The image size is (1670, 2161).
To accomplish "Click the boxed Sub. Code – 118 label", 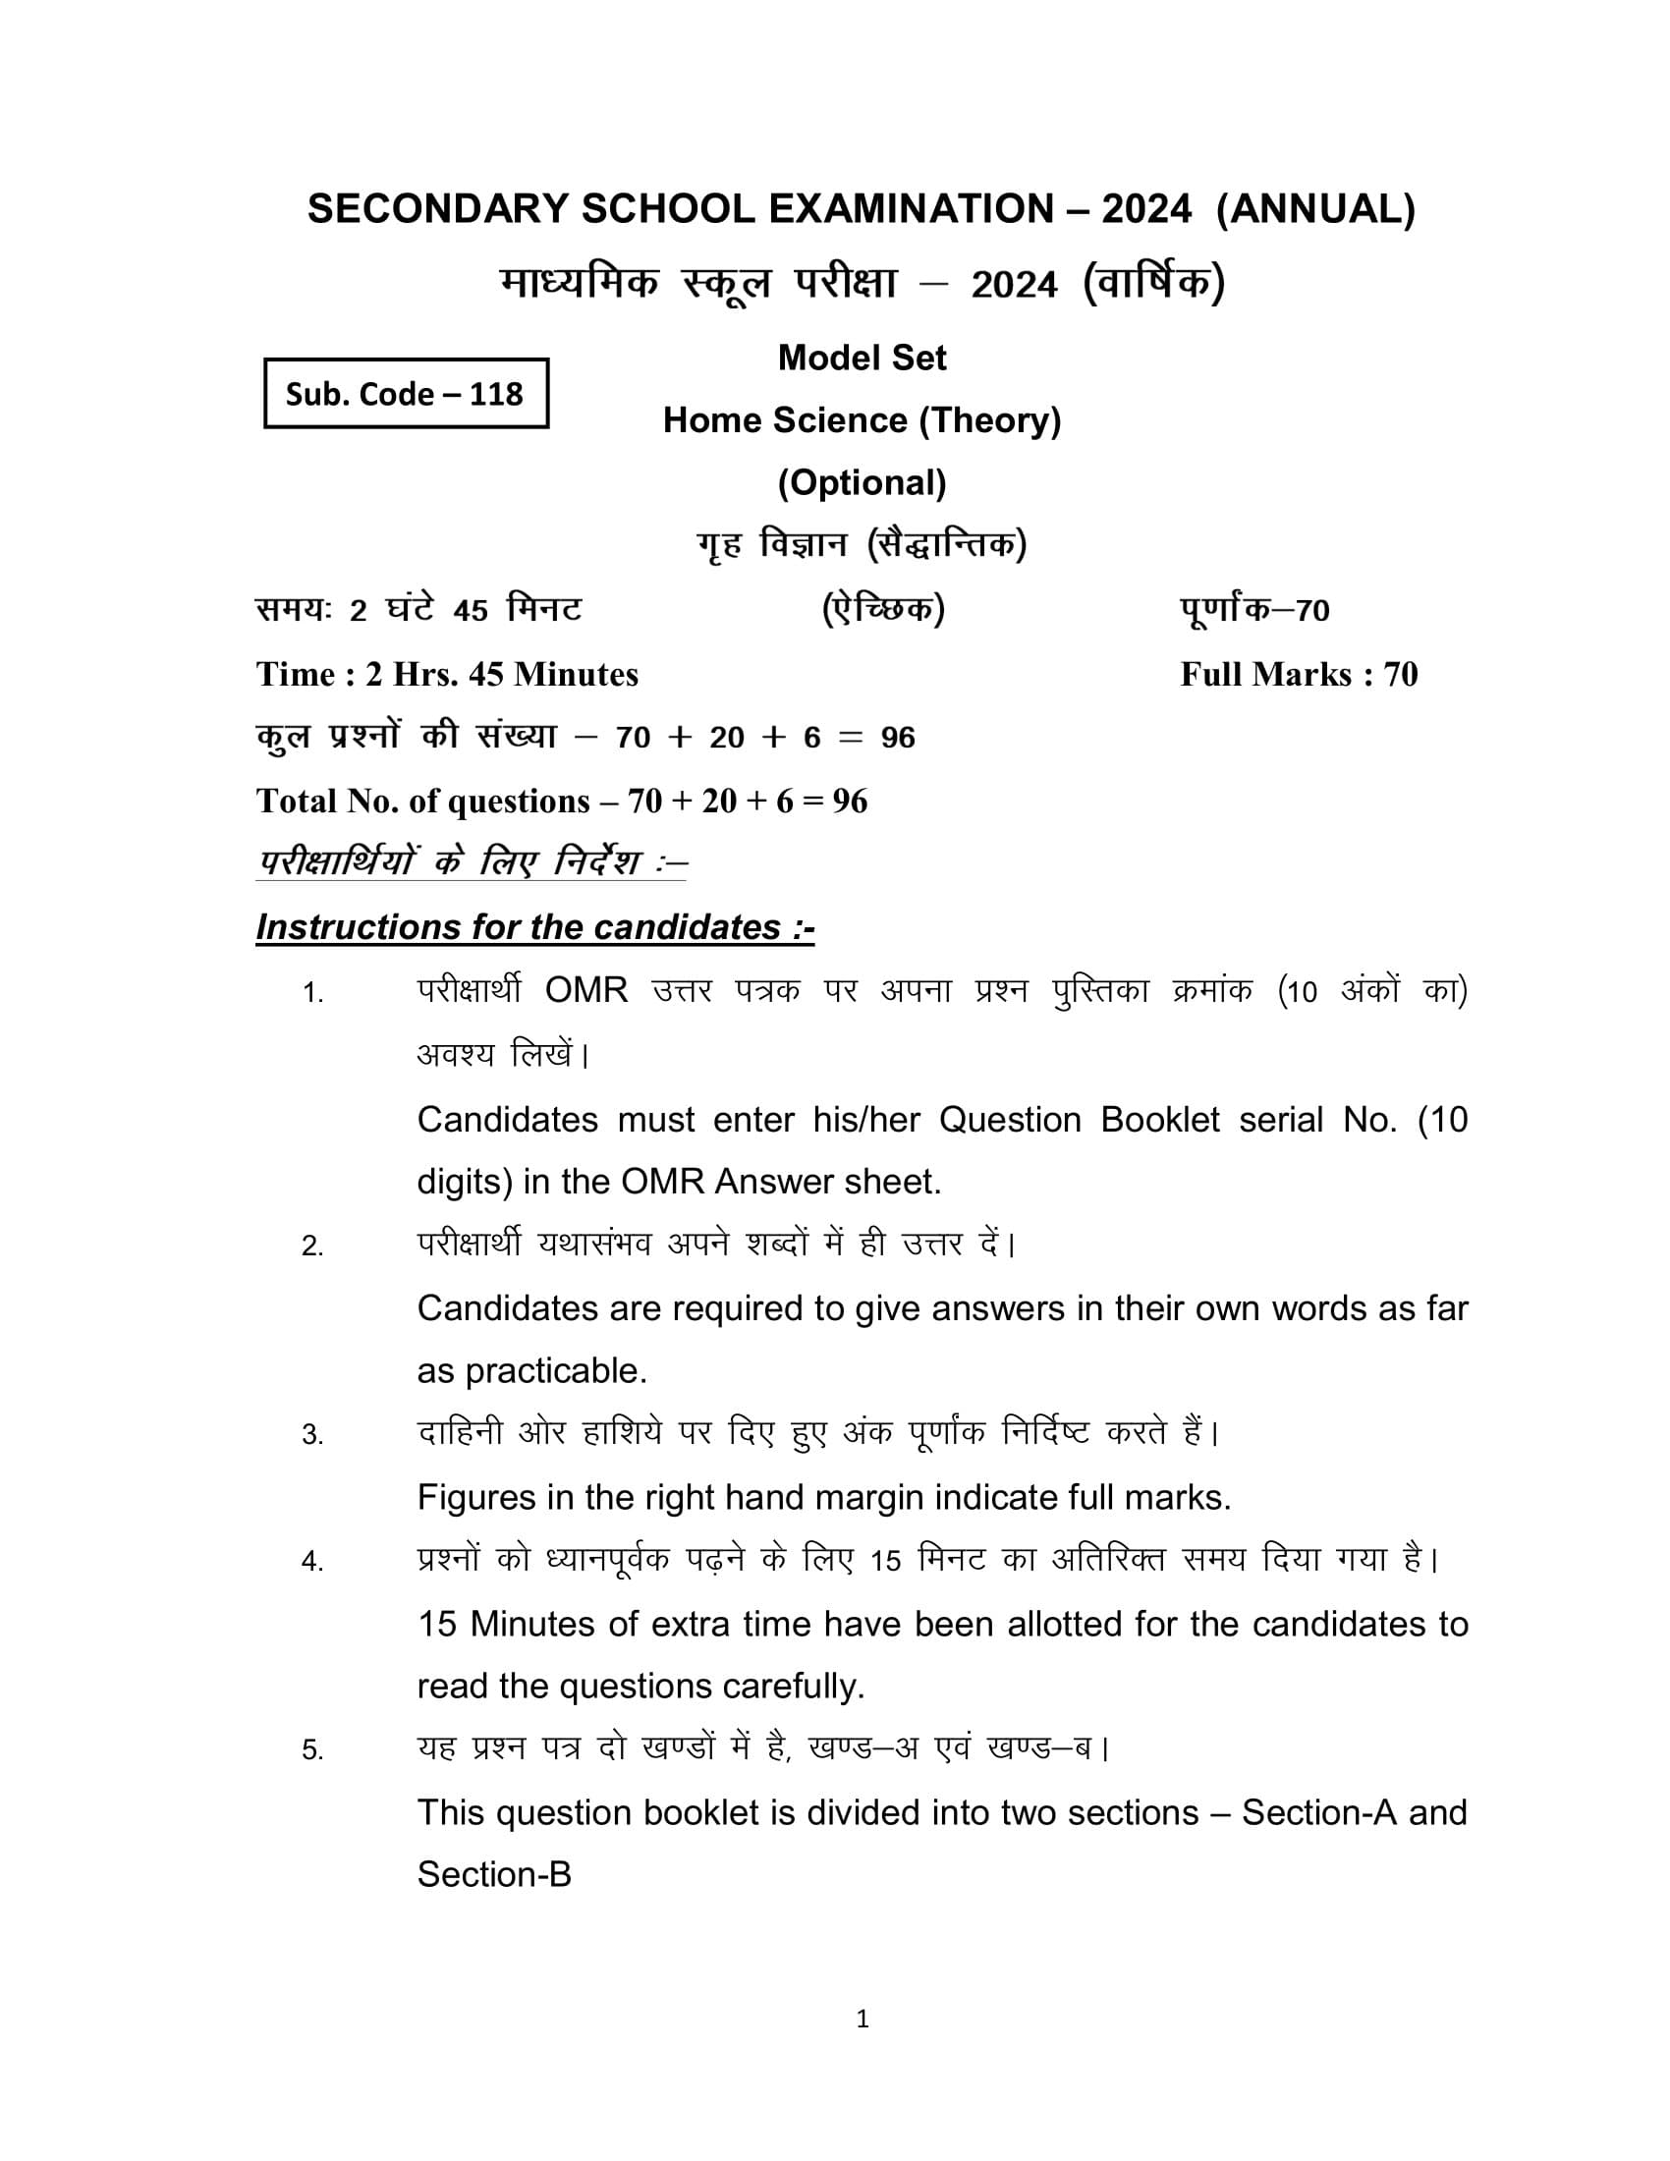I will point(405,394).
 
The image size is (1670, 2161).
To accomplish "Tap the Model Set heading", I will point(861,359).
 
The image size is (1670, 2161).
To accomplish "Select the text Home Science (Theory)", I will point(861,420).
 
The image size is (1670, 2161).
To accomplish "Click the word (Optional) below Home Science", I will point(861,483).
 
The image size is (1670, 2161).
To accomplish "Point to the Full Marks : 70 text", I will point(1298,675).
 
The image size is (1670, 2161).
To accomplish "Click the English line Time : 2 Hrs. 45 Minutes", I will point(447,675).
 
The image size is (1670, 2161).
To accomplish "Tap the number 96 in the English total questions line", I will point(849,802).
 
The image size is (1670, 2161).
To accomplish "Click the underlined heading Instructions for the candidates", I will point(534,927).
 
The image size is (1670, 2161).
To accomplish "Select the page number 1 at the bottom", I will point(862,2019).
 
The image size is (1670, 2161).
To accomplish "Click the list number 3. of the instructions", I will point(312,1435).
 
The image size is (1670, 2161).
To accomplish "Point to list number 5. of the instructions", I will point(312,1750).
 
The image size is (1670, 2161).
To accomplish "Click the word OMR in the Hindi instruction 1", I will point(585,990).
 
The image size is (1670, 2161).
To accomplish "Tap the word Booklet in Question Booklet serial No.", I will point(1159,1120).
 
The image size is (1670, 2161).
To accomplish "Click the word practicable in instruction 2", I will point(556,1371).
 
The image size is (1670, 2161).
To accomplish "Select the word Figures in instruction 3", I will point(474,1498).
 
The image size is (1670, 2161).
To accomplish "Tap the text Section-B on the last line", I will point(494,1875).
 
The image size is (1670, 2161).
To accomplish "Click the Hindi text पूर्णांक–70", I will point(1253,610).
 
